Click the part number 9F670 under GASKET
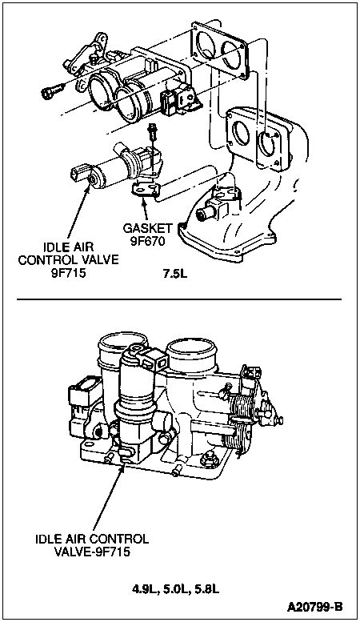[x=147, y=241]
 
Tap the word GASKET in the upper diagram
[x=147, y=228]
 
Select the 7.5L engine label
[x=175, y=273]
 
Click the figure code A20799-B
[x=315, y=607]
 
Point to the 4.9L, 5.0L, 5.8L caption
[x=176, y=589]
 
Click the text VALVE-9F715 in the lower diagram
[x=94, y=552]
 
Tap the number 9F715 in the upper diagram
[x=68, y=273]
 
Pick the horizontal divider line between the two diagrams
[x=179, y=299]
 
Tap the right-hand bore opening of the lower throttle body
[x=192, y=352]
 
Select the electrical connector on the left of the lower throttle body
[x=80, y=401]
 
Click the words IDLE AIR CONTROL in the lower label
[x=92, y=539]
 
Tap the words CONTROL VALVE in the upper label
[x=68, y=260]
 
